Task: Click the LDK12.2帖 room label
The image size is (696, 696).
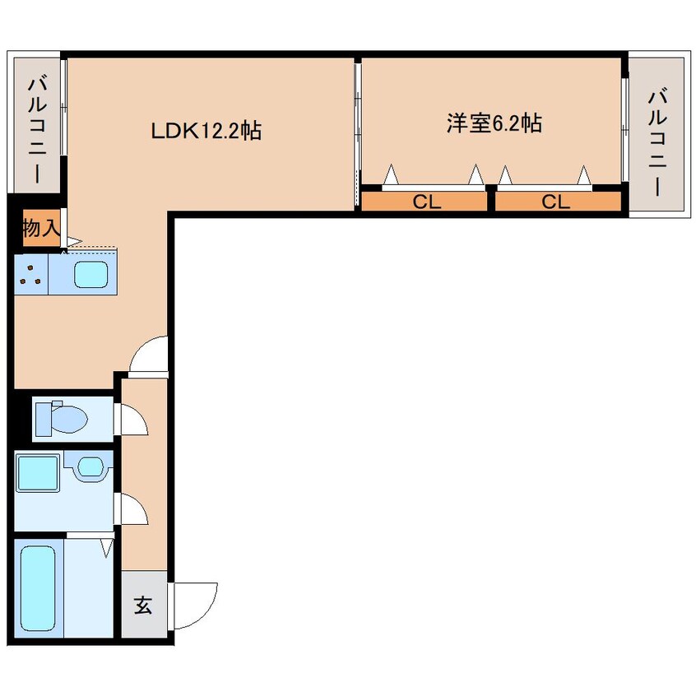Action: (x=205, y=130)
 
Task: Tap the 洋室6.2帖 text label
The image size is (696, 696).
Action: (x=494, y=123)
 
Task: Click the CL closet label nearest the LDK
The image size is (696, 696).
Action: (x=426, y=202)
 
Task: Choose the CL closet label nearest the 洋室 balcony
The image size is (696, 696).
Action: (x=557, y=202)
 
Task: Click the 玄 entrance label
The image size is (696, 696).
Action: (x=143, y=606)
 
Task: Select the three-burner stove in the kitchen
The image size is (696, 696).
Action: (x=32, y=274)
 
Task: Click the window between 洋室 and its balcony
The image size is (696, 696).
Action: (x=624, y=123)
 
